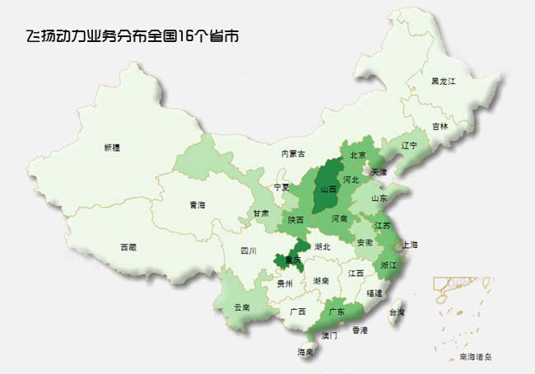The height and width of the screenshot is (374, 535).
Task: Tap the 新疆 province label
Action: (111, 147)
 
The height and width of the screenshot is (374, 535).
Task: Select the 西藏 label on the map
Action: (128, 246)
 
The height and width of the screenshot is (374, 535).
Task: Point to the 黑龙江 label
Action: (444, 82)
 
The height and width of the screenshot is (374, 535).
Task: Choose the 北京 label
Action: (358, 155)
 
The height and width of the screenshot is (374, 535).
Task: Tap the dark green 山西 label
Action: (328, 189)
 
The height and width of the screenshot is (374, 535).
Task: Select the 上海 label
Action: (410, 245)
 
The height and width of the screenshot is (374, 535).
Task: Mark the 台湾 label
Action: (397, 312)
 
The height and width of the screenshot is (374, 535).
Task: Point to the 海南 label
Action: (305, 353)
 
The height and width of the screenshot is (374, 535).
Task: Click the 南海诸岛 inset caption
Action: (475, 356)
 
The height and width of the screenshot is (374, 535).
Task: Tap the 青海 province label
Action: (197, 204)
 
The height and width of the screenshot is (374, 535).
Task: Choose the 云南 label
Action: (242, 306)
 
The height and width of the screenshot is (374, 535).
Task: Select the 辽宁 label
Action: (409, 146)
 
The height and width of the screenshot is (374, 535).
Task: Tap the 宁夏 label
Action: (281, 187)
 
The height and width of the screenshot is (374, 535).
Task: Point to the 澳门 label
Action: (328, 336)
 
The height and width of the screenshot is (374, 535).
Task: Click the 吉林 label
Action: (440, 126)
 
